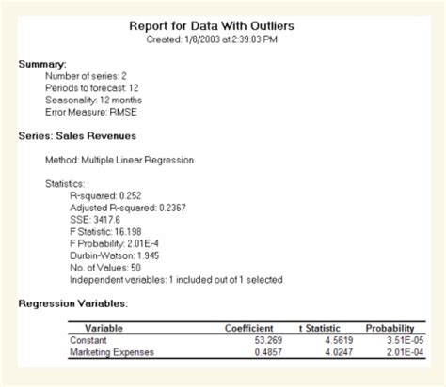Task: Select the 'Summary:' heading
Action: point(42,64)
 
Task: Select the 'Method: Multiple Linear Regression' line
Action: point(119,160)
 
